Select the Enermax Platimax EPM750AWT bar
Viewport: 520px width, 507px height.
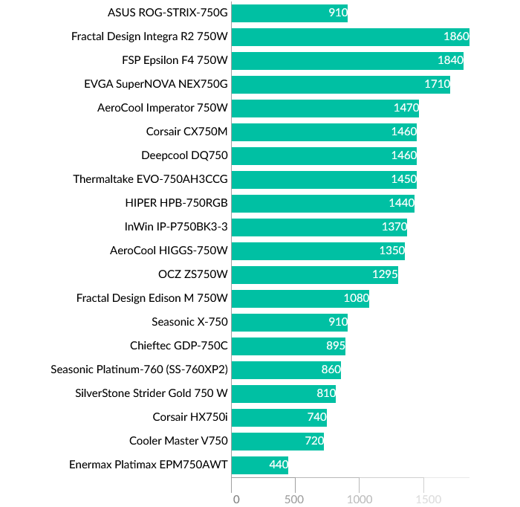click(x=260, y=465)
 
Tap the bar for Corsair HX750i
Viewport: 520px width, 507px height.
click(x=279, y=418)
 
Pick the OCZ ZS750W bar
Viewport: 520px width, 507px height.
click(x=315, y=275)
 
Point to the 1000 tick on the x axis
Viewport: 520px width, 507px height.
click(x=360, y=499)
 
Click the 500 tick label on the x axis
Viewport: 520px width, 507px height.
click(x=296, y=499)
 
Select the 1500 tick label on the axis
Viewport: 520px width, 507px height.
click(x=423, y=499)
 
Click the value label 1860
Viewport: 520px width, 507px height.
click(x=456, y=36)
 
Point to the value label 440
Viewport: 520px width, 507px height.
click(x=279, y=465)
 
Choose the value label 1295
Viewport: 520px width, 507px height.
click(x=386, y=275)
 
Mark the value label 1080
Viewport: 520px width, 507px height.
click(x=357, y=299)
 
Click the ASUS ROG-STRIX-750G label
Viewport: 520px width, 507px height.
click(x=168, y=13)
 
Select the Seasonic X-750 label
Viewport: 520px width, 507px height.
click(x=189, y=323)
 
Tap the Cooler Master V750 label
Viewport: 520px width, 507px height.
click(x=178, y=442)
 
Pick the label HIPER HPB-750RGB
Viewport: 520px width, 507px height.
click(x=177, y=203)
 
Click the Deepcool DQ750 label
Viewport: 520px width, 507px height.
click(x=184, y=155)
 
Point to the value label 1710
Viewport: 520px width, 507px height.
click(x=437, y=84)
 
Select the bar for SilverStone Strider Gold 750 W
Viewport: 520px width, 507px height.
click(x=284, y=394)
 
